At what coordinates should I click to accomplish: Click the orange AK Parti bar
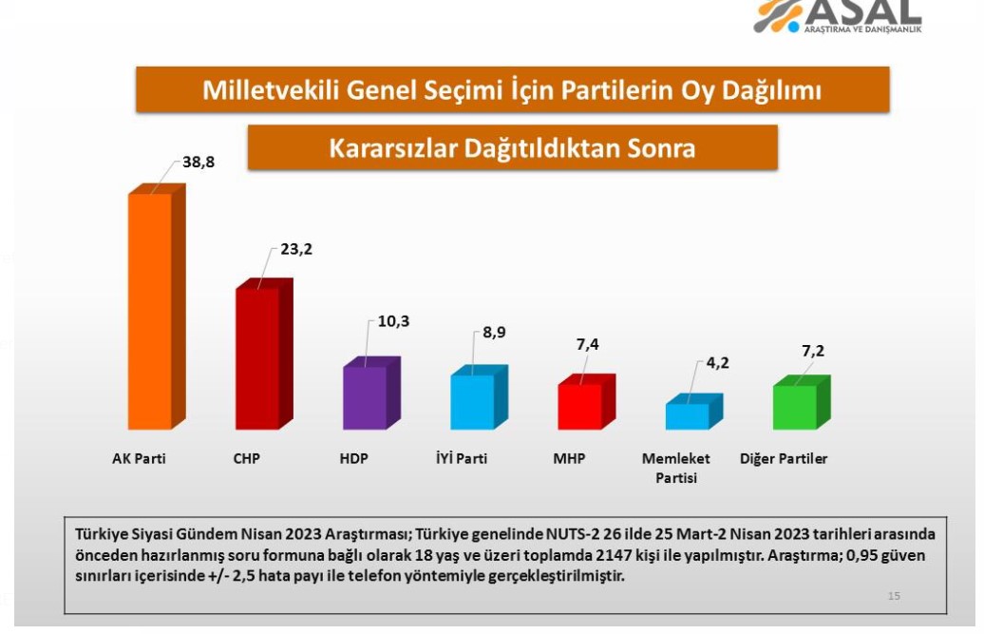(157, 307)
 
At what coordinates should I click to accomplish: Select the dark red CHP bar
(264, 354)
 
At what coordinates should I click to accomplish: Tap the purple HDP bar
(371, 394)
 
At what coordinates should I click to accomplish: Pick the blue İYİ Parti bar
(479, 397)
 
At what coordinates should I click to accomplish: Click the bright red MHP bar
(587, 402)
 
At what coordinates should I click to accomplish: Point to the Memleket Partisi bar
(694, 412)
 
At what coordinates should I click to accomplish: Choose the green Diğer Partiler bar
(802, 403)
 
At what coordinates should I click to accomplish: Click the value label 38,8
(199, 162)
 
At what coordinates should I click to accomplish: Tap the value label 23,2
(296, 249)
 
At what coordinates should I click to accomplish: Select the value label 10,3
(393, 321)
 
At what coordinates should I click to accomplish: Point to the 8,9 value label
(494, 333)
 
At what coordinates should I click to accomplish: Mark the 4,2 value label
(718, 363)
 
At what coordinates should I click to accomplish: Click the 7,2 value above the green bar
(813, 351)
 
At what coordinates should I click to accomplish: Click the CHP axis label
(247, 459)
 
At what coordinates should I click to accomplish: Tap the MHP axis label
(569, 459)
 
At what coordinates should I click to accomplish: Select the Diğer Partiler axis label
(784, 459)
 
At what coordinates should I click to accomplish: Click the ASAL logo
(838, 16)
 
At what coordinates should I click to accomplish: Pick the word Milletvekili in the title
(271, 89)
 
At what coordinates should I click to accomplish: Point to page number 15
(895, 596)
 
